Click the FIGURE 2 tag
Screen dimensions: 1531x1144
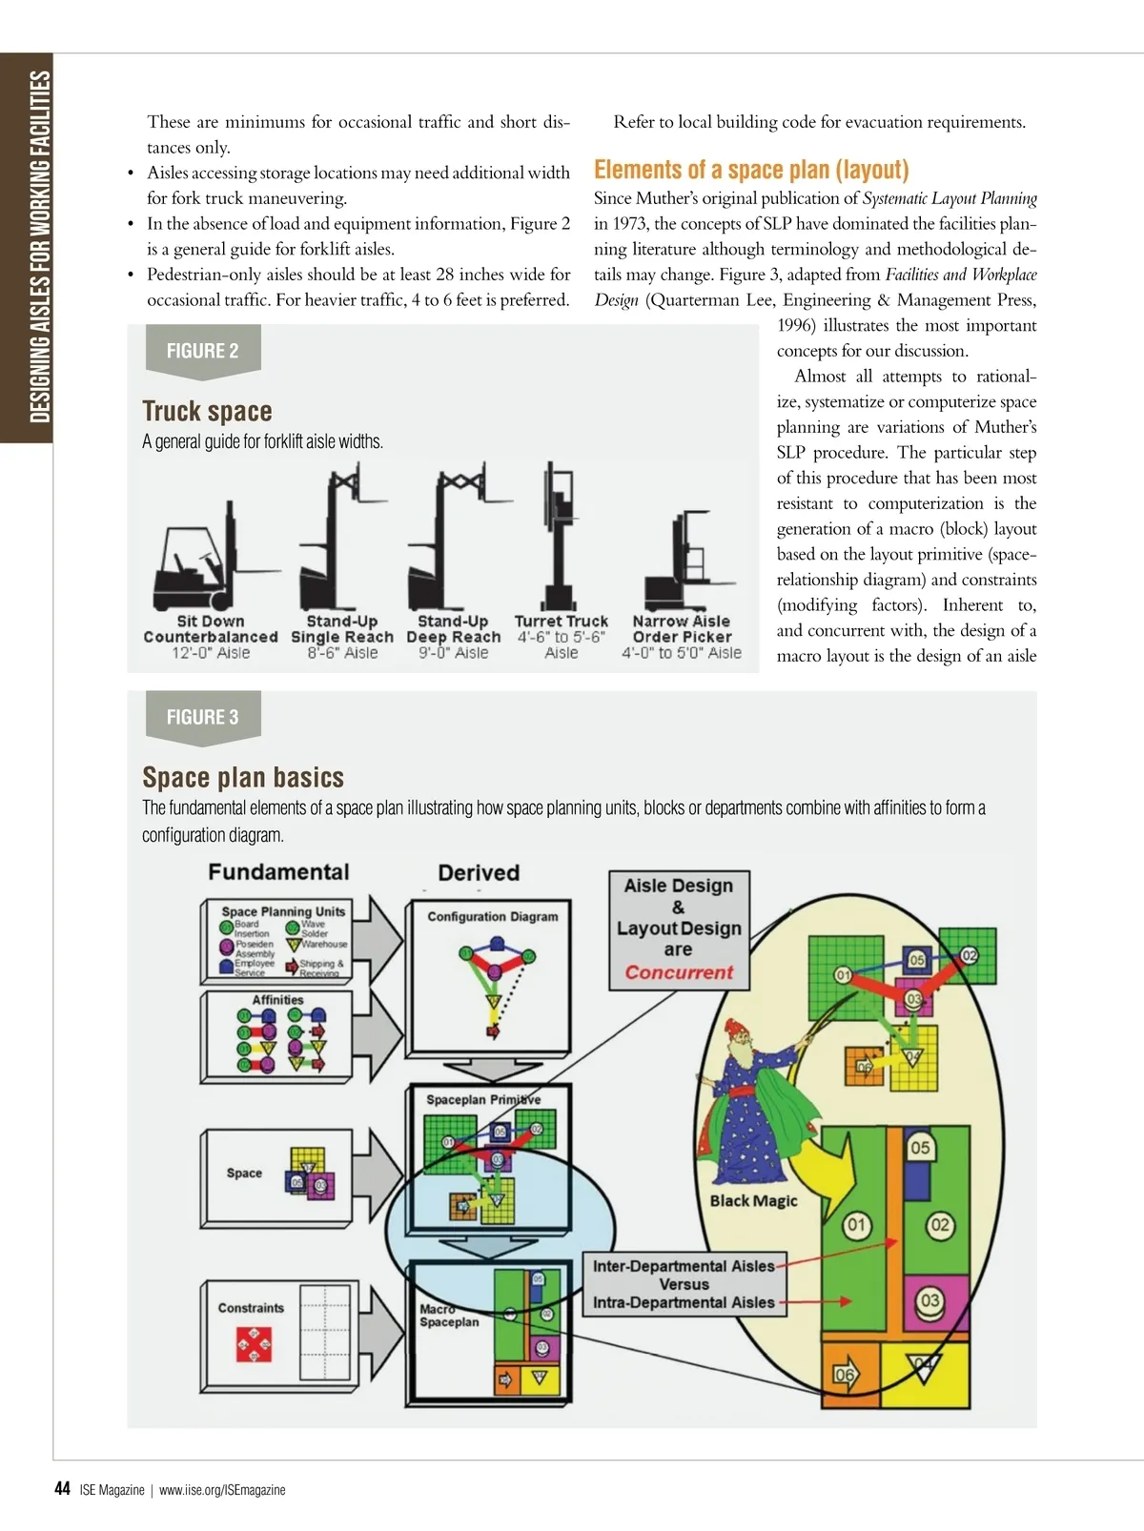pyautogui.click(x=202, y=351)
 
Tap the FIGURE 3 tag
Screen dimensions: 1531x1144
pyautogui.click(x=202, y=717)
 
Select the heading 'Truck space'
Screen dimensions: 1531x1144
pyautogui.click(x=207, y=411)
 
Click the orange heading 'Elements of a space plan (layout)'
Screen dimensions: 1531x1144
pyautogui.click(x=751, y=170)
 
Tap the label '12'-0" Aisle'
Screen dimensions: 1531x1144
pyautogui.click(x=211, y=653)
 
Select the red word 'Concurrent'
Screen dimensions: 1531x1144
pyautogui.click(x=679, y=972)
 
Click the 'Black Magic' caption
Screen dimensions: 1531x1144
pyautogui.click(x=753, y=1201)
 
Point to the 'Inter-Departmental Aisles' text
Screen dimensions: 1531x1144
pyautogui.click(x=684, y=1266)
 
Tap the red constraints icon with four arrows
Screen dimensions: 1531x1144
pyautogui.click(x=255, y=1344)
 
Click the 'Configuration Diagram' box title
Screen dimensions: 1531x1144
pyautogui.click(x=492, y=916)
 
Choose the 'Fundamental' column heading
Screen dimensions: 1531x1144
pyautogui.click(x=278, y=872)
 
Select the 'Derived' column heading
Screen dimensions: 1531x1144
pyautogui.click(x=479, y=872)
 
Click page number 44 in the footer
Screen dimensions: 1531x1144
pyautogui.click(x=63, y=1489)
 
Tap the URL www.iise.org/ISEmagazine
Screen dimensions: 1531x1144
pyautogui.click(x=222, y=1490)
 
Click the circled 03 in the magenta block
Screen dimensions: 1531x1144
pyautogui.click(x=929, y=1300)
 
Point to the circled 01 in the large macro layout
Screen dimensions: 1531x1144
pyautogui.click(x=856, y=1225)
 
